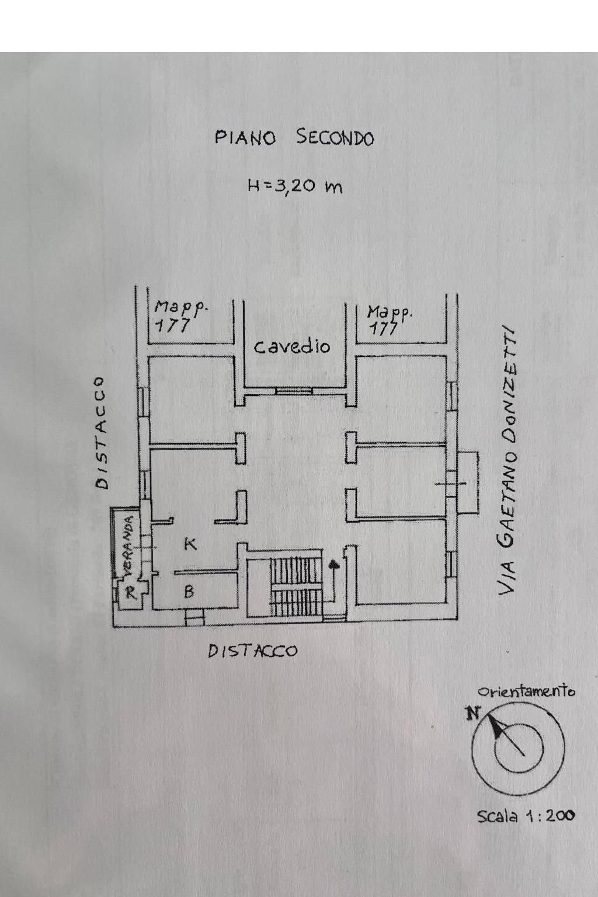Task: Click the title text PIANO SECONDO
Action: tap(294, 138)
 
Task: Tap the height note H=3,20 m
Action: tap(294, 186)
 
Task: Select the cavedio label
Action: tap(292, 346)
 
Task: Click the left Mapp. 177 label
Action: tap(180, 315)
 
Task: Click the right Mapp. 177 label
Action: tap(389, 319)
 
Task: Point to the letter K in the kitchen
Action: tap(190, 544)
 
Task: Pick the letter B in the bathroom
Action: tap(189, 592)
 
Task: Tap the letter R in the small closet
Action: tap(131, 594)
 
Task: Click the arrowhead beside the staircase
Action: tap(333, 565)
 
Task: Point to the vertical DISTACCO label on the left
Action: tap(101, 432)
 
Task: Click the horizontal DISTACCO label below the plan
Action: tap(253, 651)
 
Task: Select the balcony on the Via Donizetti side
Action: tap(467, 482)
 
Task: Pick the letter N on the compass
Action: tap(472, 713)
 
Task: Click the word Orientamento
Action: tap(526, 691)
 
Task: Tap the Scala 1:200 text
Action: tap(526, 816)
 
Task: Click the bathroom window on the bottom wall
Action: tap(194, 617)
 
